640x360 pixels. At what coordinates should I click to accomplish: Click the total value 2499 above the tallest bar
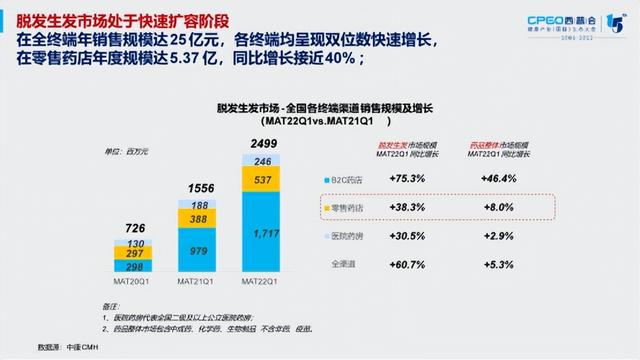click(263, 143)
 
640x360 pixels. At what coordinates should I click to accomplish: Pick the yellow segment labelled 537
click(263, 181)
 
